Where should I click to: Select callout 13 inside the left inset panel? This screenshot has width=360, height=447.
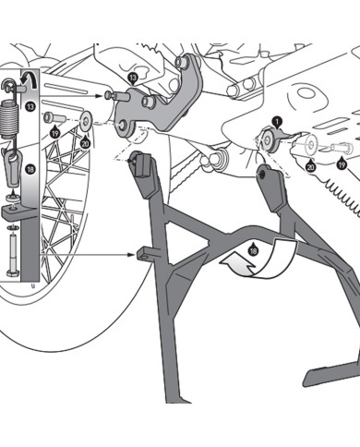[x=30, y=108]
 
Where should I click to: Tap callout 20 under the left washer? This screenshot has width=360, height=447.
[x=85, y=142]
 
